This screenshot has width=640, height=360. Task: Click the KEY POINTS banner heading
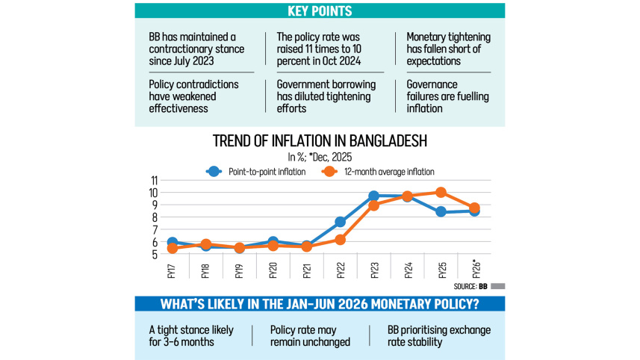(320, 11)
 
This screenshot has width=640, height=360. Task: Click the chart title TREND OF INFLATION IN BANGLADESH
(320, 142)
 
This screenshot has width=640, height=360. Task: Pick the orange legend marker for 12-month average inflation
(326, 171)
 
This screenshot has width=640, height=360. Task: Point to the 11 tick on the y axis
(155, 181)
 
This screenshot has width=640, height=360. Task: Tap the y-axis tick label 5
(155, 255)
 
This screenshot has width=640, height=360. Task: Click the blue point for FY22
(340, 222)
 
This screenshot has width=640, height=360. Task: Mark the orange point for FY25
(441, 193)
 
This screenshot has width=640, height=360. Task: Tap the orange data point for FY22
(340, 240)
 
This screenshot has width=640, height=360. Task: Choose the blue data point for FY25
(441, 212)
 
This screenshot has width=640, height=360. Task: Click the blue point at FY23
(373, 196)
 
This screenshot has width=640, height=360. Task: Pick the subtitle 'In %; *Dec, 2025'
(320, 157)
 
